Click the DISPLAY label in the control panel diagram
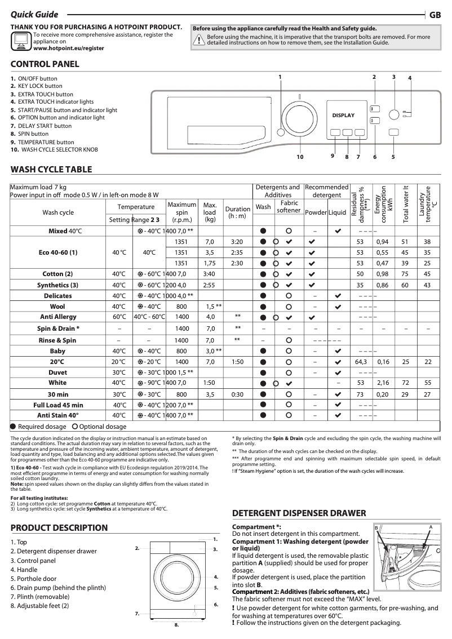pos(343,115)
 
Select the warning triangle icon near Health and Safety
pos(199,39)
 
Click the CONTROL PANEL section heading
pos(45,64)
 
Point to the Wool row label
pos(58,307)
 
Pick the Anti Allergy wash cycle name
pos(58,317)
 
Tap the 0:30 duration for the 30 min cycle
pos(237,394)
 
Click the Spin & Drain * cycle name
pos(58,329)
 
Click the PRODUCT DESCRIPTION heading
pos(59,528)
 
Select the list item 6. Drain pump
pos(58,588)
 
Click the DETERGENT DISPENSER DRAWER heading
pos(299,513)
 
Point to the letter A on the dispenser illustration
pos(430,526)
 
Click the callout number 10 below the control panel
pos(300,157)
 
